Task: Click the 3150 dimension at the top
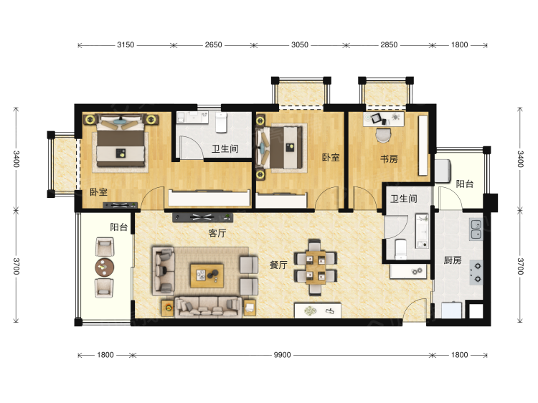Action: [126, 45]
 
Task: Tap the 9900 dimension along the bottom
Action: [282, 355]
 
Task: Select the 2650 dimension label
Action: [214, 45]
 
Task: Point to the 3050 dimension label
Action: [300, 45]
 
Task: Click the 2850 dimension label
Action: [389, 45]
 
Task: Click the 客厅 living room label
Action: [217, 233]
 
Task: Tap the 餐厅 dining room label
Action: [278, 265]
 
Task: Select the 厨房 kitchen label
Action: [452, 260]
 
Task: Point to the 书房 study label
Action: [389, 158]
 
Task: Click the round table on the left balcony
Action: [105, 267]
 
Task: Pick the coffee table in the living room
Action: [207, 275]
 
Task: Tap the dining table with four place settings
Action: [316, 267]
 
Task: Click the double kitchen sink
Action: [476, 229]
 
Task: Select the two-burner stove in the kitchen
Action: [476, 272]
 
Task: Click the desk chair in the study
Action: [383, 135]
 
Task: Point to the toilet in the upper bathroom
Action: [222, 123]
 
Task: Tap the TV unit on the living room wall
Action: [203, 217]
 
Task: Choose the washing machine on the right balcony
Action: [443, 171]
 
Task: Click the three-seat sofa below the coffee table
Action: [208, 308]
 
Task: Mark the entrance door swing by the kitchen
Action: [415, 310]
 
